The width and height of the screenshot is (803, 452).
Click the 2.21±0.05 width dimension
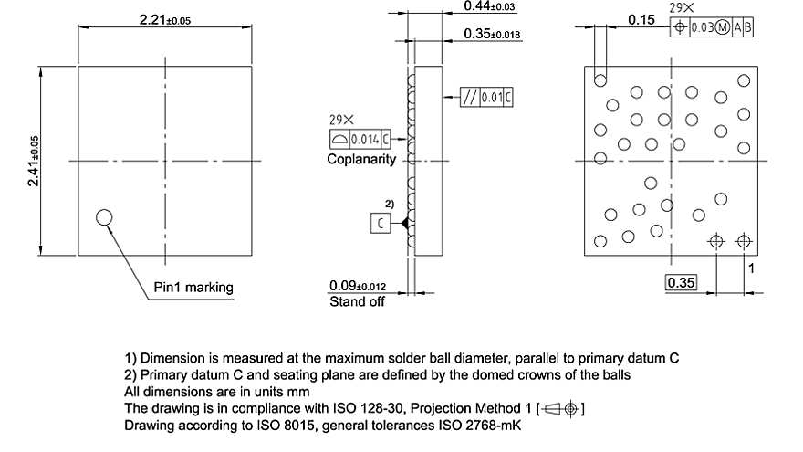click(164, 19)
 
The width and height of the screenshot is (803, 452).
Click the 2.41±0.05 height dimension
click(33, 161)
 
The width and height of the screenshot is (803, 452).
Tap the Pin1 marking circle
click(104, 216)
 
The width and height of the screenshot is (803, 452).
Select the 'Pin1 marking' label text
click(193, 288)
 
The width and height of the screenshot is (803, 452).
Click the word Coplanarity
click(362, 159)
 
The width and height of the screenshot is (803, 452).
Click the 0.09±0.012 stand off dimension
click(362, 285)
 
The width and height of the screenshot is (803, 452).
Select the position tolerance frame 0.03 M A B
click(712, 27)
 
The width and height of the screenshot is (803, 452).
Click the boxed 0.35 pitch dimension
click(681, 283)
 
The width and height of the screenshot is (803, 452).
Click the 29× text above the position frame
click(680, 7)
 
